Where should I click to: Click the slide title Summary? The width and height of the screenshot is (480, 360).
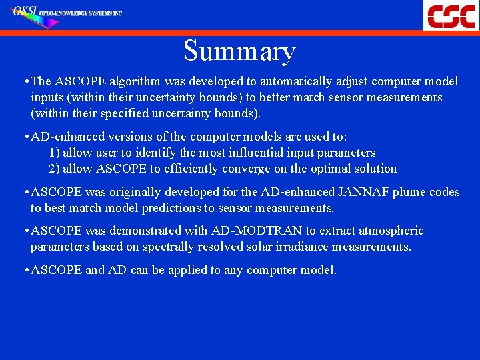(239, 51)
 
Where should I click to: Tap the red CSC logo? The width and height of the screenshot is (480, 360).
(451, 15)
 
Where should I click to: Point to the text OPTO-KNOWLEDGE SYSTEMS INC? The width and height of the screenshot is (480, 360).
(82, 13)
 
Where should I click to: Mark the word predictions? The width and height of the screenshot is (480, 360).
(157, 208)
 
